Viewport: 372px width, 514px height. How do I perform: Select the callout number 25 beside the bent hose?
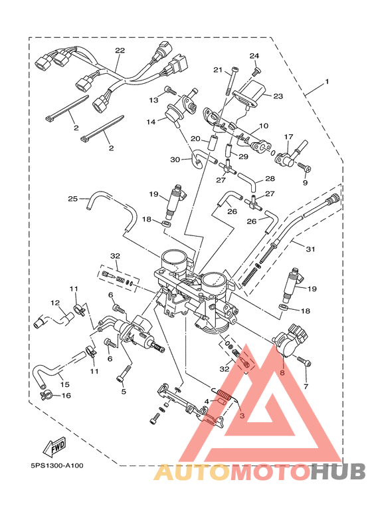tap(73, 198)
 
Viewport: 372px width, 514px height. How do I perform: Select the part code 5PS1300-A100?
tap(56, 465)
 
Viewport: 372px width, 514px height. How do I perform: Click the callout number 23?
tap(278, 96)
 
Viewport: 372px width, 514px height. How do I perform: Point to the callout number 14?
tap(151, 122)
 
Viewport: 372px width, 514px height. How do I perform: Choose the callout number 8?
tap(282, 373)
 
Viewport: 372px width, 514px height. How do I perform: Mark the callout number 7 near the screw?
tap(306, 386)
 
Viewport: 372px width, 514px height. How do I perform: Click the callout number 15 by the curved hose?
tap(64, 384)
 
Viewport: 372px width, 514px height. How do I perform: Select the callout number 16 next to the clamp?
tap(66, 396)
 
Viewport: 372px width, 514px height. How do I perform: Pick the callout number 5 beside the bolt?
tap(124, 392)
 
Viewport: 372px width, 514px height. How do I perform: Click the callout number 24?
tap(254, 56)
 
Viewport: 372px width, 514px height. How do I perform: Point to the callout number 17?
tap(288, 137)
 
